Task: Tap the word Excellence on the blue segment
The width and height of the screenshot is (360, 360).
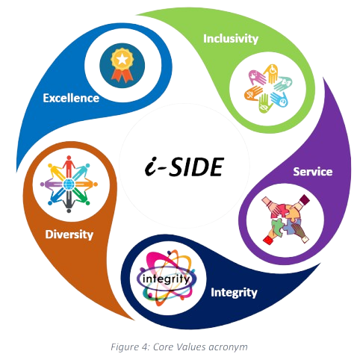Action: coord(72,97)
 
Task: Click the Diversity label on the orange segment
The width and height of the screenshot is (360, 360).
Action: coord(69,235)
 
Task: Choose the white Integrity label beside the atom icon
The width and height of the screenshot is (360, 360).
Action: coord(235,292)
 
